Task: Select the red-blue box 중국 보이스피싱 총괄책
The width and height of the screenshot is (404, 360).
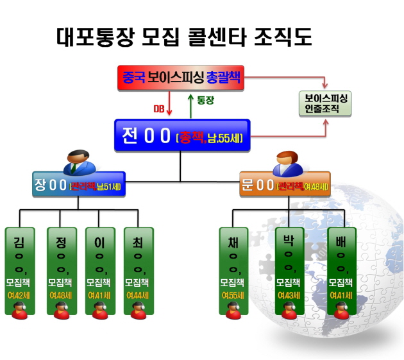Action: tap(183, 78)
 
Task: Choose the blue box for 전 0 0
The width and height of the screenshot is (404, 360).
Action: tap(183, 136)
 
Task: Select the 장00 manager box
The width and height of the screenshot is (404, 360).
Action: tap(79, 187)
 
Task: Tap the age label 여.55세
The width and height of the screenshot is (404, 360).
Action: tap(233, 295)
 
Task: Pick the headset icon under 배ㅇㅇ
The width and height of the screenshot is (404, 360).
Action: tap(342, 311)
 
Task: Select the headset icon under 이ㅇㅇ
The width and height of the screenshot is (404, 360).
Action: tap(99, 311)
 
